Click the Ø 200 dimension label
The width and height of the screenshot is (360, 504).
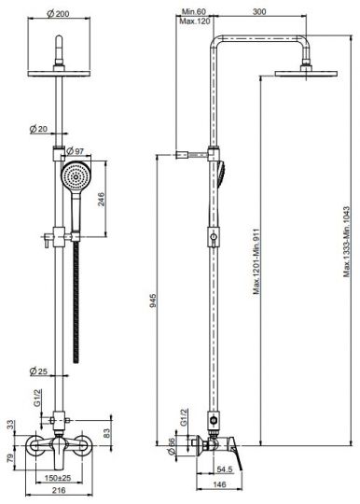[58, 14]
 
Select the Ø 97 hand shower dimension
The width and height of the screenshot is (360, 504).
[76, 151]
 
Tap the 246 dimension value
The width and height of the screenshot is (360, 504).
[101, 200]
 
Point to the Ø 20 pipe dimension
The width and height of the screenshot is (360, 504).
[38, 129]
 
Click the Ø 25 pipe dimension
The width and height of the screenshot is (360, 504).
[38, 371]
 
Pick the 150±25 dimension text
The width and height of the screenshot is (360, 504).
[58, 478]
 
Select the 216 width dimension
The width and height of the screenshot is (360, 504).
[59, 490]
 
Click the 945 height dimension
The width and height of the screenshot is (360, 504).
[153, 301]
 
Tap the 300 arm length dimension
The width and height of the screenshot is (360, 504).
[259, 11]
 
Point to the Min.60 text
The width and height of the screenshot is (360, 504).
[194, 12]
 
